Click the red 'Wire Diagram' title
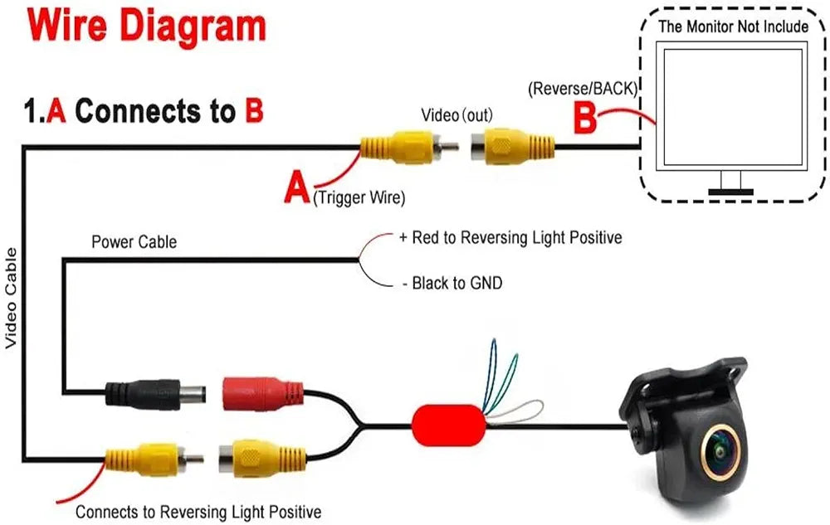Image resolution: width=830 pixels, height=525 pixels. [147, 26]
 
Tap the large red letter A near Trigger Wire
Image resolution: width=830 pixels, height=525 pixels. [297, 189]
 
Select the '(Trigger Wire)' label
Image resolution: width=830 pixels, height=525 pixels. [359, 197]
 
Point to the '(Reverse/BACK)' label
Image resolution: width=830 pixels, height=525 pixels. [583, 88]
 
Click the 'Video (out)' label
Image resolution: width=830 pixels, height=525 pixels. [456, 114]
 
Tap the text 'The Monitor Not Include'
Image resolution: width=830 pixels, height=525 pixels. [733, 27]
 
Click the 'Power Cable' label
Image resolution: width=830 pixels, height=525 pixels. [134, 241]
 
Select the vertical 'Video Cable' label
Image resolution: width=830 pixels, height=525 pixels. [11, 299]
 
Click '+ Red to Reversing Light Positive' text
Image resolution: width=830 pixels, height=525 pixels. [510, 238]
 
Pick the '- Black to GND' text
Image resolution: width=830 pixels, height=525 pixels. [452, 283]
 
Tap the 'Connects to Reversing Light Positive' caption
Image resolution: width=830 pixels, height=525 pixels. [198, 512]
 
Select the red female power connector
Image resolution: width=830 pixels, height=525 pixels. [263, 394]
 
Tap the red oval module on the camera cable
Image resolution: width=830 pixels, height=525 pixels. [449, 425]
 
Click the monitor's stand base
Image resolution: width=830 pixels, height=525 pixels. [730, 192]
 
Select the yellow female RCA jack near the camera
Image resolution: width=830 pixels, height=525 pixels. [262, 458]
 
